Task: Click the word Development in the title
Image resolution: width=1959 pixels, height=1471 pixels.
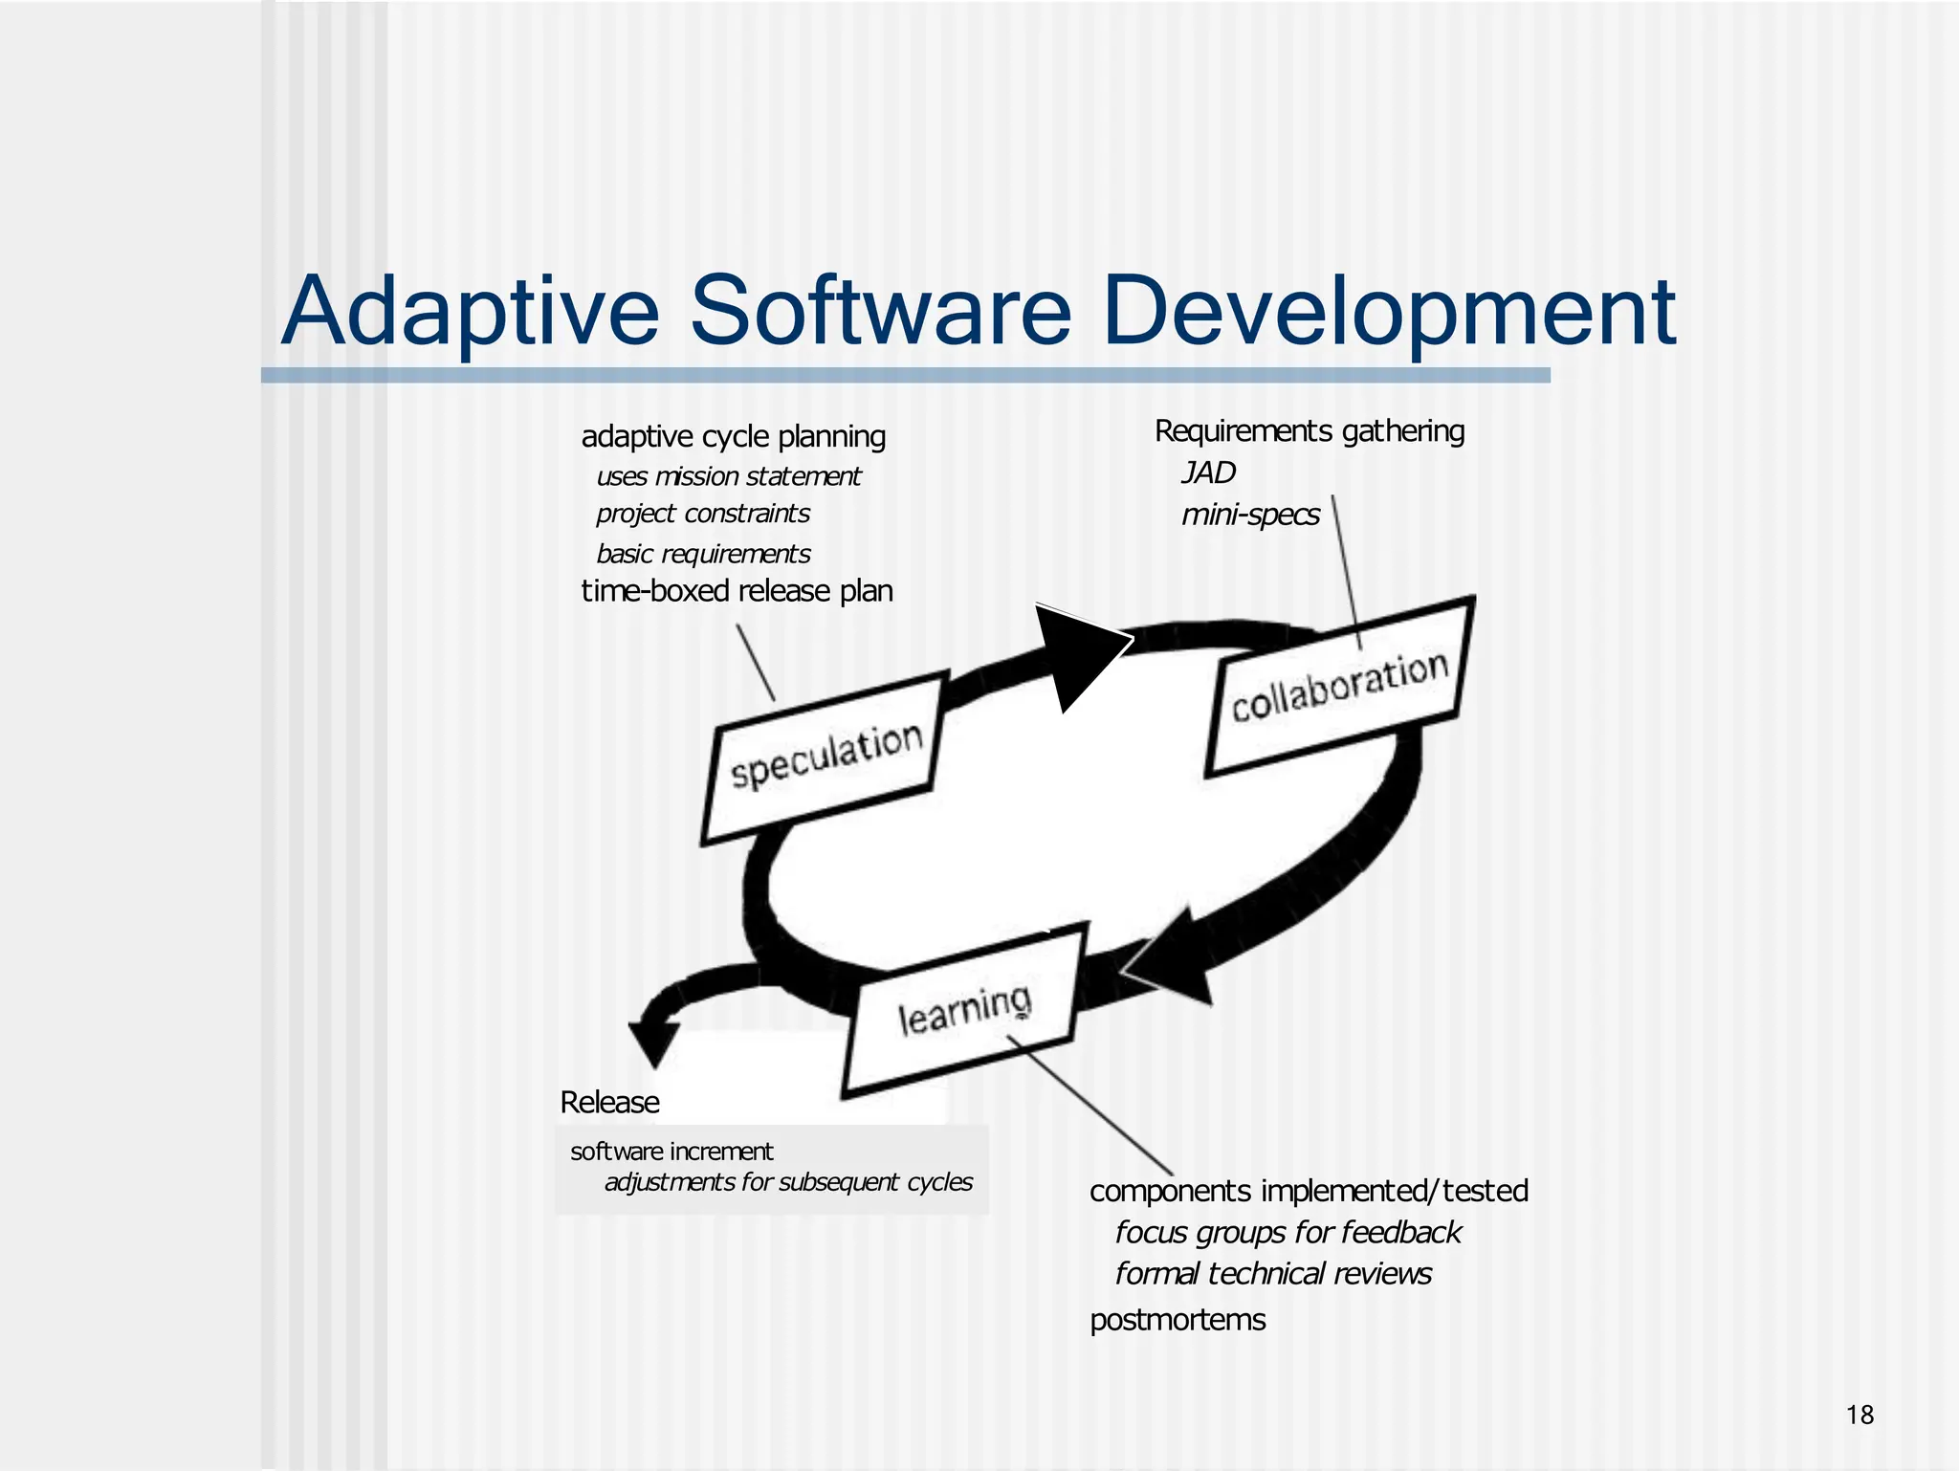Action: pos(1388,311)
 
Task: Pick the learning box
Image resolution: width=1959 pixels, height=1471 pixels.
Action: pos(964,1009)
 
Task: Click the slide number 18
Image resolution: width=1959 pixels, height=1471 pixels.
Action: pos(1860,1415)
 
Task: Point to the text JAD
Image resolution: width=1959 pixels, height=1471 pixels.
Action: pos(1208,472)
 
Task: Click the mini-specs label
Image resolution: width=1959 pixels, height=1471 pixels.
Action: pos(1250,515)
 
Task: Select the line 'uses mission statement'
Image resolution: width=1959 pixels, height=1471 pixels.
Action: pos(728,476)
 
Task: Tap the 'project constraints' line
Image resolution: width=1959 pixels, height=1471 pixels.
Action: pos(703,514)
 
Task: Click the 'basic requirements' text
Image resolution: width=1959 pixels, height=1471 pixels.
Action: pos(703,554)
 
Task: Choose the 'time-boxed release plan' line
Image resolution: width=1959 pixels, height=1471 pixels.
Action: pos(737,591)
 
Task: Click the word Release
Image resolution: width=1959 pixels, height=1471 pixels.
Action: pos(609,1102)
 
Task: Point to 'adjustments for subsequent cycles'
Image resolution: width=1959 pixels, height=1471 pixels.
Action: pos(788,1182)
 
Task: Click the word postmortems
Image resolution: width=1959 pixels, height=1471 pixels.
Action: pos(1178,1320)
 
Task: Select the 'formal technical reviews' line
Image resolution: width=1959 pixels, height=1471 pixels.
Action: pos(1273,1274)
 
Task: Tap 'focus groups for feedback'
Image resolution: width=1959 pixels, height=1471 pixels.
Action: pos(1288,1232)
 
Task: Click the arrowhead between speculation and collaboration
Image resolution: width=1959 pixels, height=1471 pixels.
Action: pos(1079,652)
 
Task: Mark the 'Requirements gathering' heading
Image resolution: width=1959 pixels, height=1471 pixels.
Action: pos(1310,431)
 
